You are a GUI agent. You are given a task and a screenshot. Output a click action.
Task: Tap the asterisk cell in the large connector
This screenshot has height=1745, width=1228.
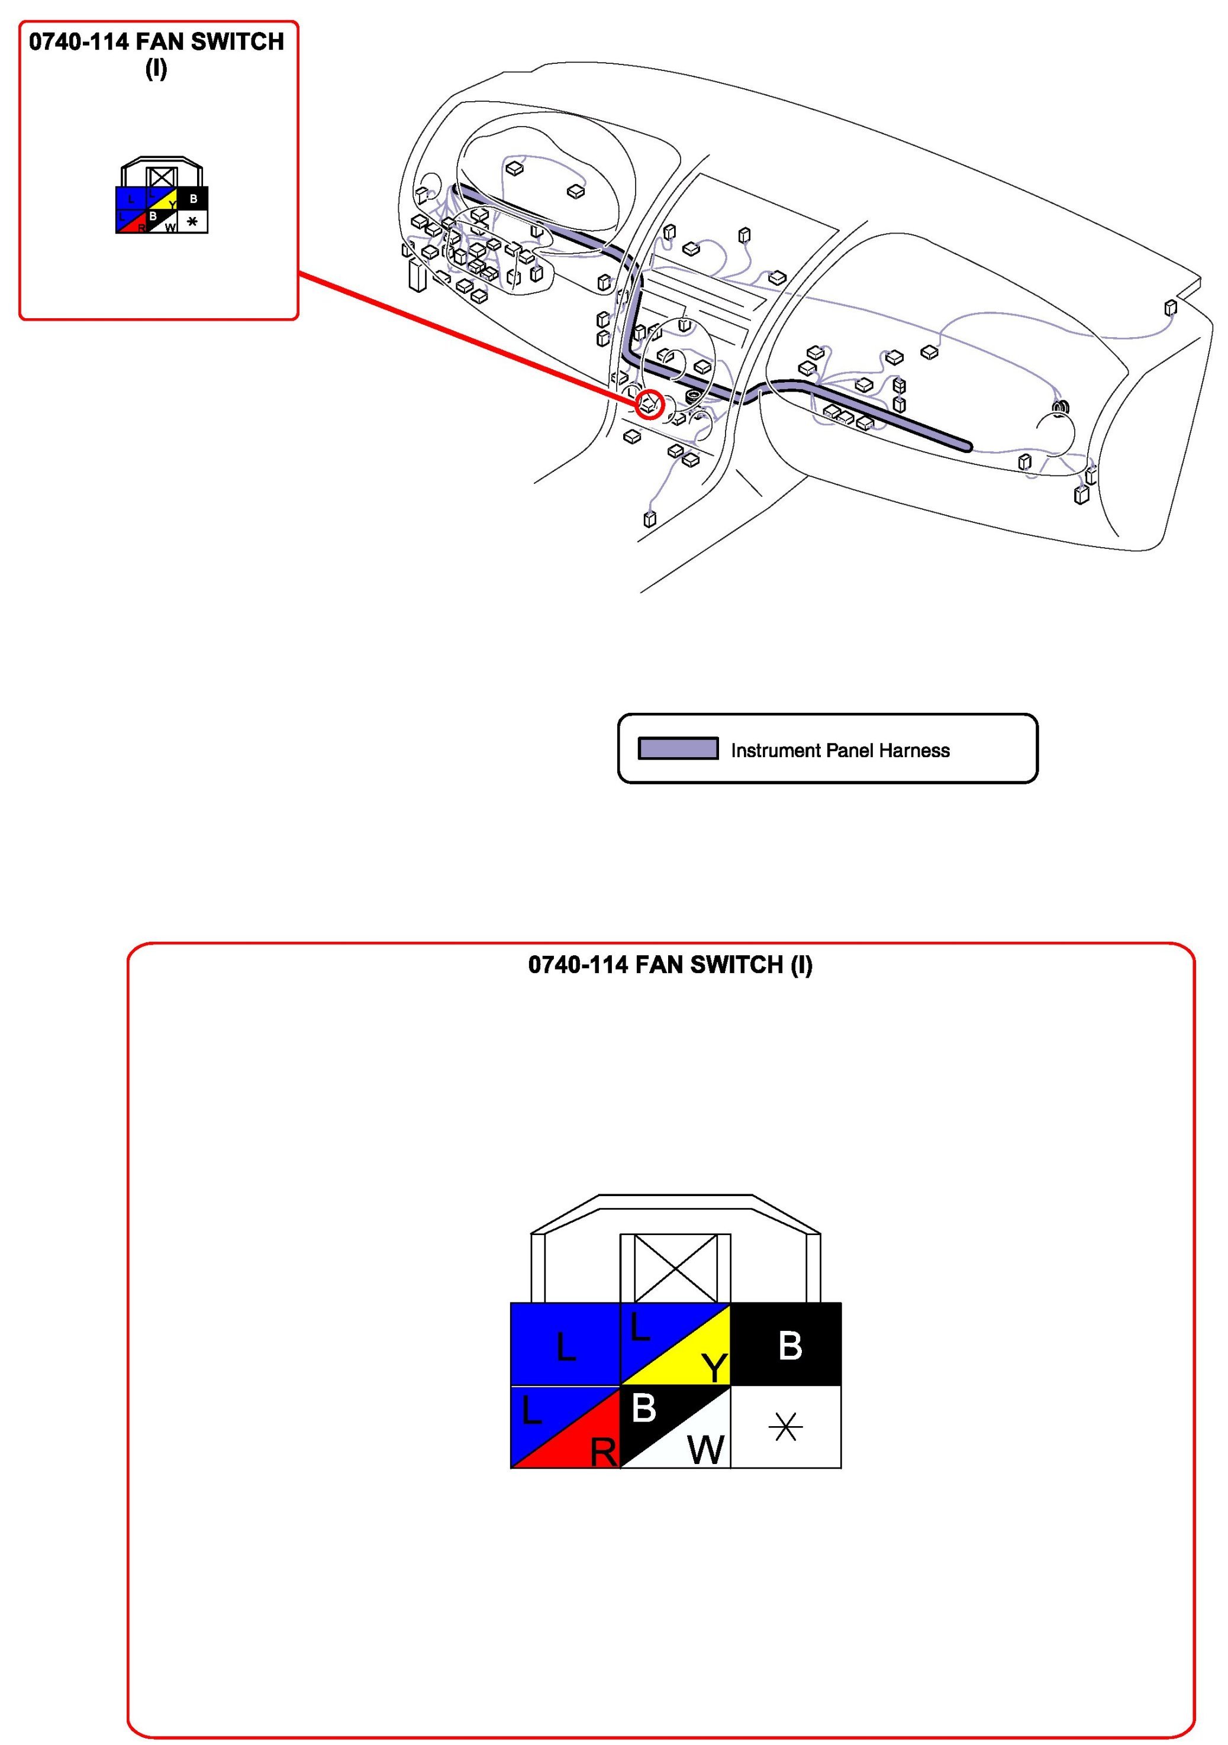(785, 1427)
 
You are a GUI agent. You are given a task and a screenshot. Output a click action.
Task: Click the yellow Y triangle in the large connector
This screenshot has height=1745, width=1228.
(700, 1364)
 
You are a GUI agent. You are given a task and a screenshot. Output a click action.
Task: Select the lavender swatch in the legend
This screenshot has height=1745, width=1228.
(678, 749)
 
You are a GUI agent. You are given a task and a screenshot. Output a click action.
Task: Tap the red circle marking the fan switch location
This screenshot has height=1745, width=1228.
(649, 403)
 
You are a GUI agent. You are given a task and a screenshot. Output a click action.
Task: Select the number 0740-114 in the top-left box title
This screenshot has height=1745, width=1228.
(78, 42)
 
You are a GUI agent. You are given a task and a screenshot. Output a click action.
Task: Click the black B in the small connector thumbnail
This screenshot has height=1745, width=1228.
(193, 199)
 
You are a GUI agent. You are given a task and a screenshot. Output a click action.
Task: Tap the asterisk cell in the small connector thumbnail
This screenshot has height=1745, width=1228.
(192, 222)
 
